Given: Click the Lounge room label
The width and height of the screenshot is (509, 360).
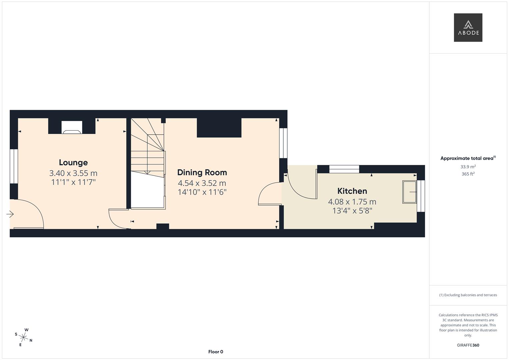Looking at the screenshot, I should pos(73,163).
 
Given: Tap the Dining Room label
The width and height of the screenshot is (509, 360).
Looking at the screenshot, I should pos(202,172).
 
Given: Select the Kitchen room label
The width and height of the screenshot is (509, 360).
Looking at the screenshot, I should pos(352,191).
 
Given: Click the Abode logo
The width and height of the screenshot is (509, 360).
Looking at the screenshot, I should pos(468,28).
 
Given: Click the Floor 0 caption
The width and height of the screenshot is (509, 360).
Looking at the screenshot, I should pos(216,352).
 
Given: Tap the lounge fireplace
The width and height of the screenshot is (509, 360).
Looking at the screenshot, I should pos(72,127).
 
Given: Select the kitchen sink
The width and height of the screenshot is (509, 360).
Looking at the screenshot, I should pos(410,192).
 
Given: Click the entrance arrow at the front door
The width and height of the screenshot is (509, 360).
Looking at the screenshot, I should pos(10,214).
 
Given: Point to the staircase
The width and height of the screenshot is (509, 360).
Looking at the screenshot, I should pos(148,147).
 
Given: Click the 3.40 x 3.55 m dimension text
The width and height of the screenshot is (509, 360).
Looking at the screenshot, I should pos(73,173).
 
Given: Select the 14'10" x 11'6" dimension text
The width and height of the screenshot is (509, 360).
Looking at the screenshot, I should pos(202,192).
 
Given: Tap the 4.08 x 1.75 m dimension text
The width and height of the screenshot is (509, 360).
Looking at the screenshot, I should pos(352,202).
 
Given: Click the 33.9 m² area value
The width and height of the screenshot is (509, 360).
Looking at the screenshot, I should pos(468,167).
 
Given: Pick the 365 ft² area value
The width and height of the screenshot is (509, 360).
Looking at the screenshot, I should pos(468,174).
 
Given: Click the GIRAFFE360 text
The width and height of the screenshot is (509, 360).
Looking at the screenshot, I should pos(468,345).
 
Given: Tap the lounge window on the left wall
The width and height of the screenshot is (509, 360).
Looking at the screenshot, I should pos(14,166).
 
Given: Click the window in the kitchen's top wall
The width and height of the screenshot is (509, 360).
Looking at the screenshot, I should pos(344,169).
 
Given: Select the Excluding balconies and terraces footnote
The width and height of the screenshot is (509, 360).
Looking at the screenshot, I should pos(468,295).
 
